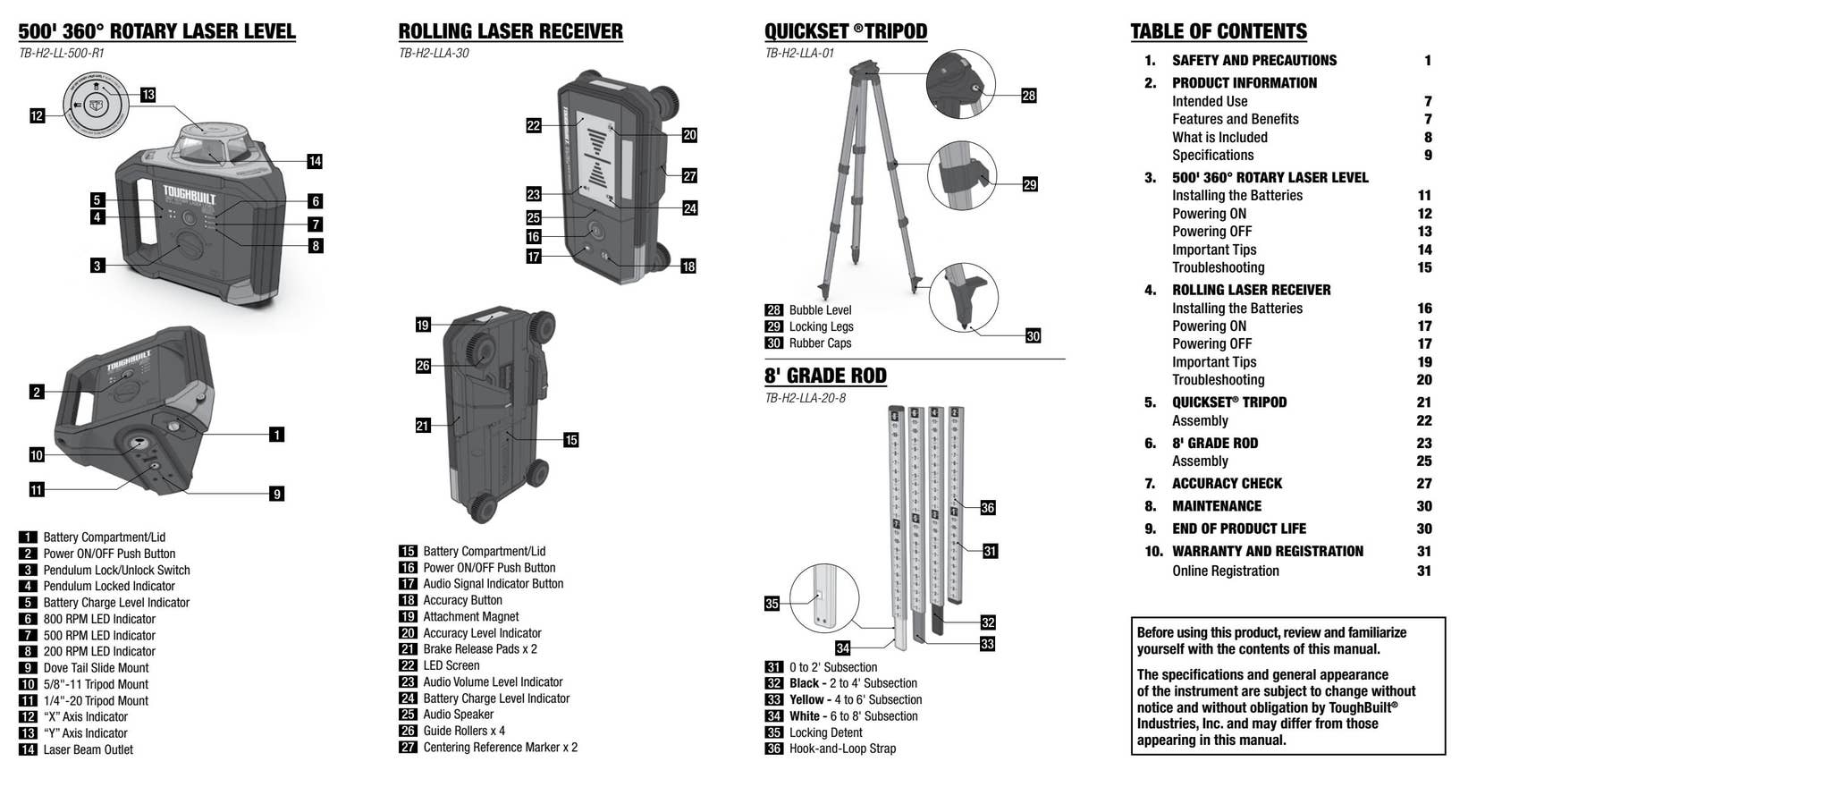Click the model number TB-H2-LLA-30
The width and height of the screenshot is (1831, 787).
434,53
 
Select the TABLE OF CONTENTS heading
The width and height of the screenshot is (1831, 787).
1218,31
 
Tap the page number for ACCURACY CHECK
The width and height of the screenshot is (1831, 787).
1423,484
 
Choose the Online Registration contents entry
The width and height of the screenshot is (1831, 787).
1225,571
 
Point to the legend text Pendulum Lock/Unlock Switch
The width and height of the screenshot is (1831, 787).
116,571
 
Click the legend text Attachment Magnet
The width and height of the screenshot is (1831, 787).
470,617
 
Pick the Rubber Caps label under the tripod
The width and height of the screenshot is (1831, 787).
820,343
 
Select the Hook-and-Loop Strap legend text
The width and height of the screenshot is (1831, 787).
841,749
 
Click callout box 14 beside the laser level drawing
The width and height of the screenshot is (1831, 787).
314,162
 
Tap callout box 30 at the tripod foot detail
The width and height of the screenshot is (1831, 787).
1033,336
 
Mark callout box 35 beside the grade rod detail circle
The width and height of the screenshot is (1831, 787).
772,604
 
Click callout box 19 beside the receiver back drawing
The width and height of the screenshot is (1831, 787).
423,326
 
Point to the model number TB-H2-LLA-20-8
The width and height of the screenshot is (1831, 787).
805,398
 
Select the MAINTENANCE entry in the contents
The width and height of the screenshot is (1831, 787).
1216,506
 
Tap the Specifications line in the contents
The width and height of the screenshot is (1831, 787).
1212,156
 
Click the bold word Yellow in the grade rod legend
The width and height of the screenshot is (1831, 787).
806,700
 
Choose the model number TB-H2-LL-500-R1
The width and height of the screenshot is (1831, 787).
61,53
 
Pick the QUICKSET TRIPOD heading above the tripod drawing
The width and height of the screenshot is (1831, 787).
845,31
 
